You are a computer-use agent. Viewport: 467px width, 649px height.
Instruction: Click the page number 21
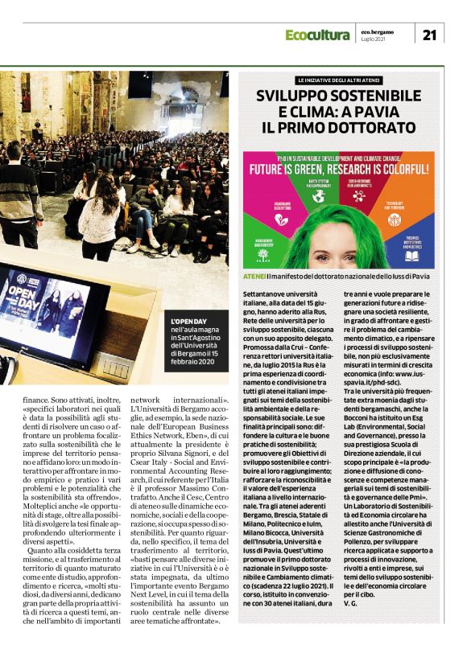coord(428,35)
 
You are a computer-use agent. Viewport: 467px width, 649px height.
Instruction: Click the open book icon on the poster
coord(411,256)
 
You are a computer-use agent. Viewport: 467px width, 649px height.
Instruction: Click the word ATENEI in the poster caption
coord(255,276)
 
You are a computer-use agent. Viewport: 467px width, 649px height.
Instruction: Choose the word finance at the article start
coord(19,397)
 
